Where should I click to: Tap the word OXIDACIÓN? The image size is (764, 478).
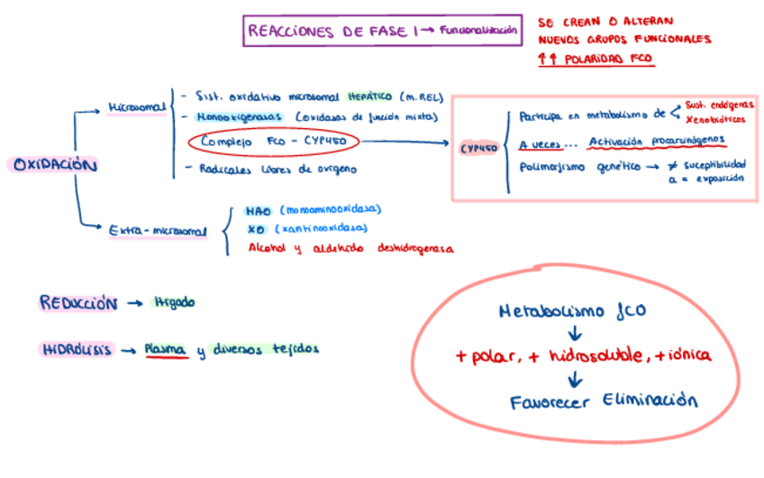[x=54, y=165]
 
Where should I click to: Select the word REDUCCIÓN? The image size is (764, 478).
[x=78, y=304]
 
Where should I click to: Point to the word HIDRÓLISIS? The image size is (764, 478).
[x=77, y=350]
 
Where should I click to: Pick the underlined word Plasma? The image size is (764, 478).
[x=165, y=349]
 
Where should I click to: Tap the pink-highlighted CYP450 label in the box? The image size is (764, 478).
[x=477, y=148]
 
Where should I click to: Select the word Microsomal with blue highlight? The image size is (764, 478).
[x=137, y=107]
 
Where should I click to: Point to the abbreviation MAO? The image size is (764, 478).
[x=258, y=212]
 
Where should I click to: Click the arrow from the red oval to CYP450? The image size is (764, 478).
[x=405, y=142]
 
